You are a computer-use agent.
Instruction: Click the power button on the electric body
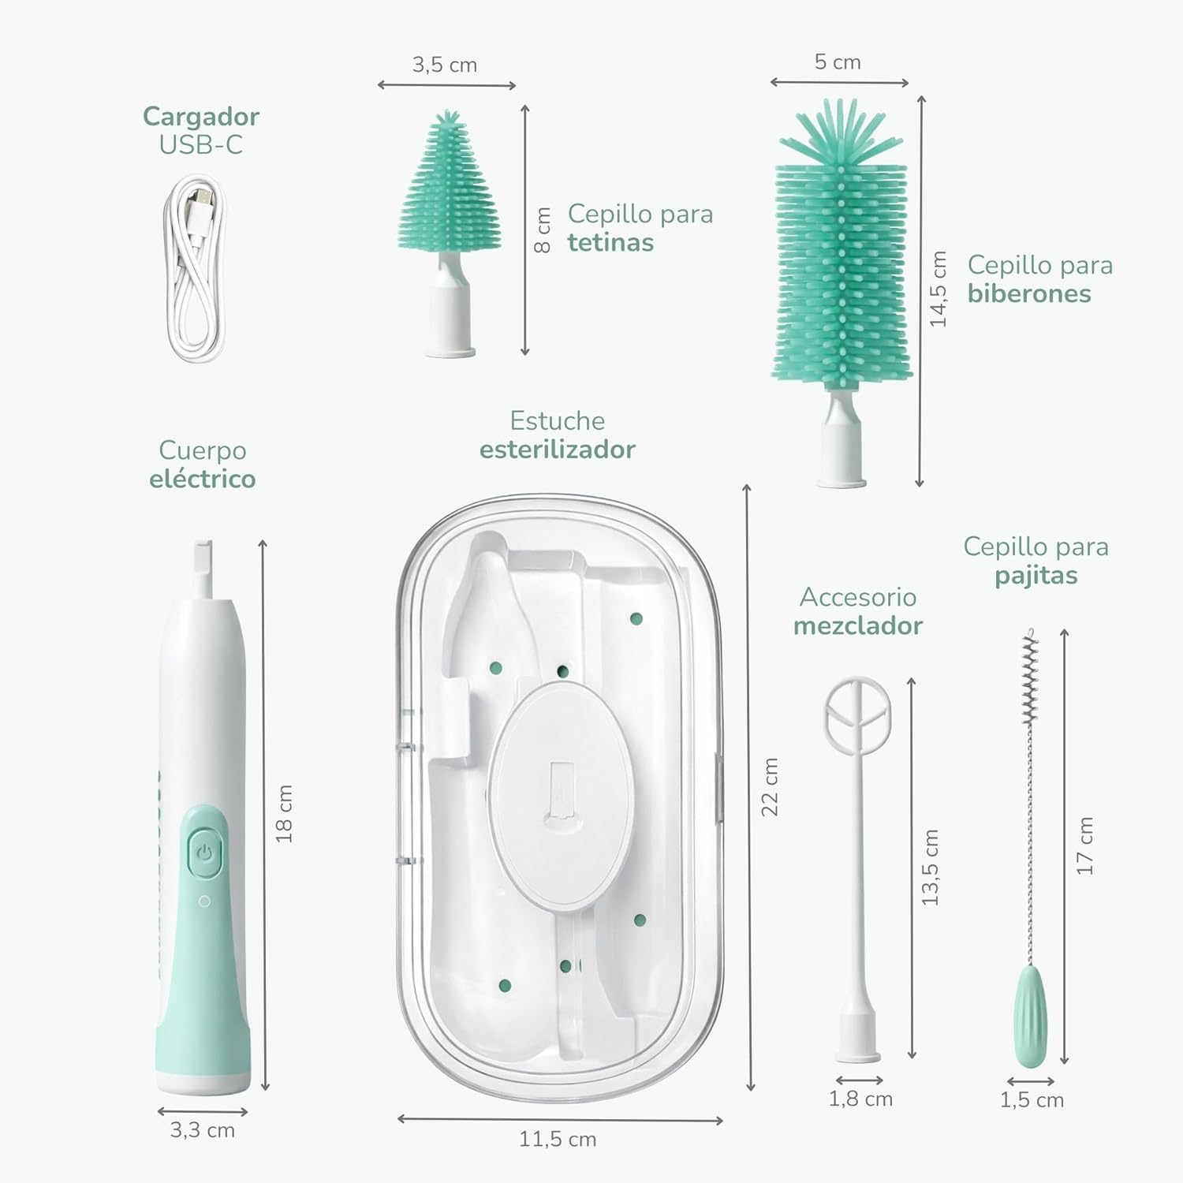[204, 853]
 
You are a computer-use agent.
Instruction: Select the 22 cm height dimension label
[770, 786]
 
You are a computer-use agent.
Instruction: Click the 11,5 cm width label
[558, 1139]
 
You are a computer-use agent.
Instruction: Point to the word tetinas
[610, 242]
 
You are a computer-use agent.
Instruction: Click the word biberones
[1029, 293]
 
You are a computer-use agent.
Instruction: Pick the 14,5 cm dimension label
[938, 289]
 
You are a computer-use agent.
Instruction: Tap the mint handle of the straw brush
[1031, 1017]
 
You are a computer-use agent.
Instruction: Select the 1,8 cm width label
[860, 1099]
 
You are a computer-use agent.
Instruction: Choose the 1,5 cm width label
[1032, 1099]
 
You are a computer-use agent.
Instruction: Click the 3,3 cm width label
[203, 1130]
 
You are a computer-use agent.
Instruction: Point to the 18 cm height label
[284, 813]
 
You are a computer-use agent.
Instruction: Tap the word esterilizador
[558, 450]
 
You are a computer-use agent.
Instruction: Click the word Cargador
[200, 117]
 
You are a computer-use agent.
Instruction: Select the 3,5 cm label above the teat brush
[445, 65]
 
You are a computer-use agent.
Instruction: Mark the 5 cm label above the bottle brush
[838, 62]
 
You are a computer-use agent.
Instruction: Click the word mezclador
[857, 625]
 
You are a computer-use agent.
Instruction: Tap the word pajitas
[1036, 576]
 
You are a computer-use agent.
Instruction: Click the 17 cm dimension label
[1085, 845]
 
